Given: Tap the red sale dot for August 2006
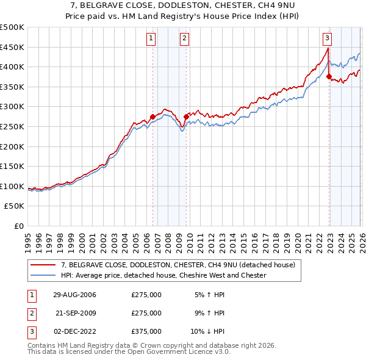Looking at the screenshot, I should point(152,117).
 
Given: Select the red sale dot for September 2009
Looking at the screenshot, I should point(186,117).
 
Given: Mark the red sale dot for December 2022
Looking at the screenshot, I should point(329,77).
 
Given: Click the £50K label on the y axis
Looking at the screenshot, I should point(15,206).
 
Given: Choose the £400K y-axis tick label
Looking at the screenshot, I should point(12,67).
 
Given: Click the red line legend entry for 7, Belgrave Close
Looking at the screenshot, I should point(178,265).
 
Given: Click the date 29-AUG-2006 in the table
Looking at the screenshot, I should point(75,295).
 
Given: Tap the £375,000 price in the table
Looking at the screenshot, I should point(146,332).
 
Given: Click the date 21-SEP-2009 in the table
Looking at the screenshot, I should point(75,314).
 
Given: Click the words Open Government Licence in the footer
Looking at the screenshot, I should point(182,352).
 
